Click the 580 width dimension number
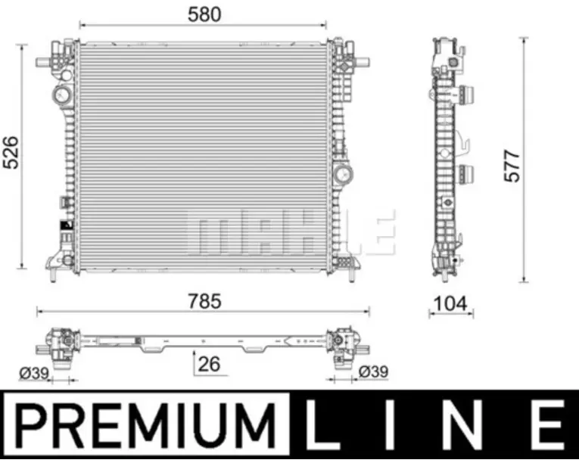coord(204,15)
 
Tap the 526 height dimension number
coord(11,153)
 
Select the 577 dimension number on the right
coord(512,166)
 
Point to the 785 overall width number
coord(204,301)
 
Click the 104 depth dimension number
coord(451,304)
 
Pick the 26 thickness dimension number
coord(210,364)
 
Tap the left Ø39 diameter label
coord(34,373)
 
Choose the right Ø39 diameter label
coord(373,371)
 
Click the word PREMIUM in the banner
coord(146,426)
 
